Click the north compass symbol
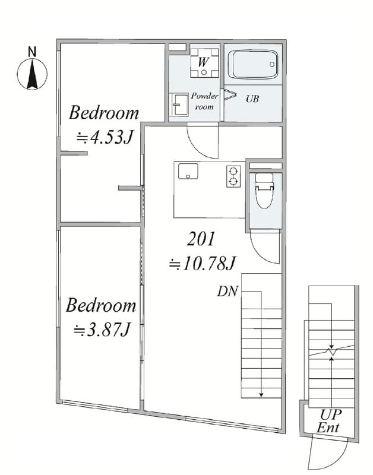click(x=32, y=74)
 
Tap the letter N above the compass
click(x=32, y=52)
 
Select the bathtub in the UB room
click(x=252, y=65)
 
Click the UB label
click(x=252, y=99)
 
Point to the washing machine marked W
click(x=204, y=63)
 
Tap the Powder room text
click(x=204, y=101)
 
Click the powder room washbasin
click(x=179, y=104)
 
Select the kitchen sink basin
click(x=188, y=172)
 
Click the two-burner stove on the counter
click(x=233, y=176)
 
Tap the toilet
click(x=264, y=190)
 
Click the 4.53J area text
click(x=105, y=138)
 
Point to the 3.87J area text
click(x=102, y=330)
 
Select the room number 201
click(x=201, y=239)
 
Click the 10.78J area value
click(x=202, y=263)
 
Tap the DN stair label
click(x=227, y=292)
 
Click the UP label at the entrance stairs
click(x=331, y=414)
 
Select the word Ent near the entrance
click(x=328, y=427)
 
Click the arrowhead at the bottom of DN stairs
click(x=261, y=395)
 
